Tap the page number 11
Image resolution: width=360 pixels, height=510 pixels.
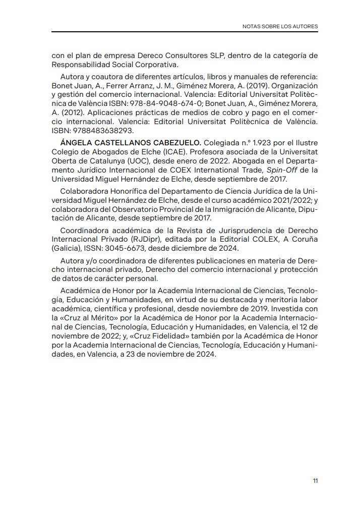point(315,481)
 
